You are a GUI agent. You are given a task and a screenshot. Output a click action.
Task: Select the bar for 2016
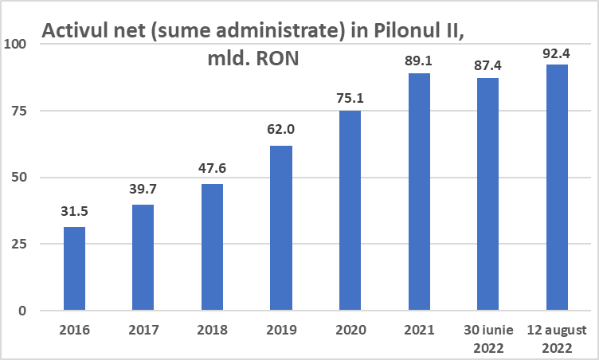point(74,268)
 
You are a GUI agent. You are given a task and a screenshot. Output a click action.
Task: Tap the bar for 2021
point(419,191)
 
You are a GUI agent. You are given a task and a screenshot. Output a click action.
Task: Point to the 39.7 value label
point(143,190)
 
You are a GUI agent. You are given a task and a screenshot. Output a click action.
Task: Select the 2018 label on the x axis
point(212,329)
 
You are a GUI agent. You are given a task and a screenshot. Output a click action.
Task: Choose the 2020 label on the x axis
point(350,329)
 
